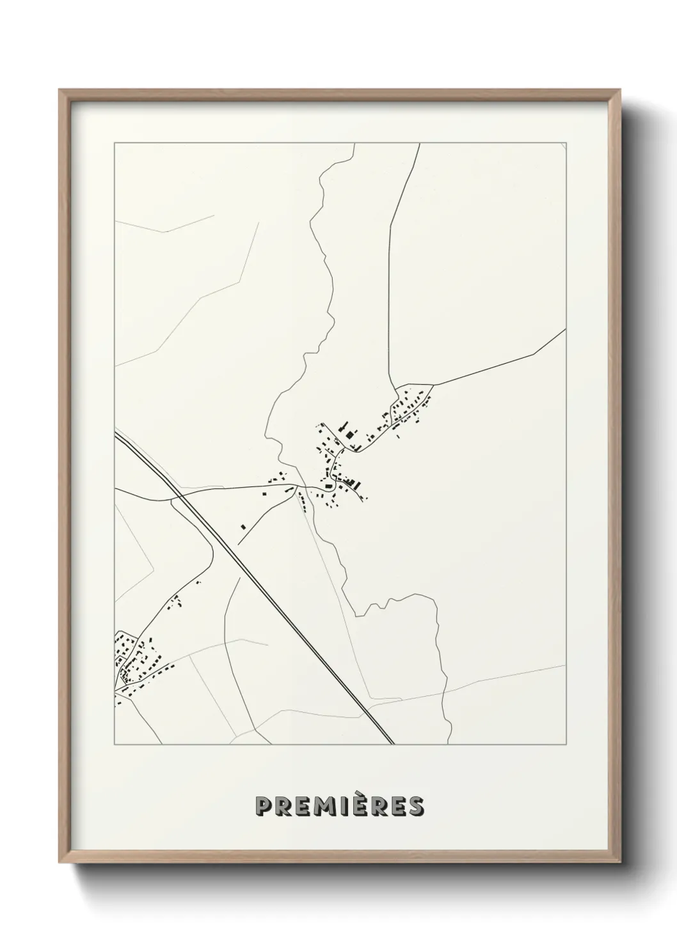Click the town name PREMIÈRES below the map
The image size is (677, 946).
click(338, 806)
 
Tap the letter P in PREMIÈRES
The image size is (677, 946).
click(263, 806)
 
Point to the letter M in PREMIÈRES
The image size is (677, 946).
click(319, 806)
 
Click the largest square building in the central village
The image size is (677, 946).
click(349, 435)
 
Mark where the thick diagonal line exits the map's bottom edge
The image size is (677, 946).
click(392, 744)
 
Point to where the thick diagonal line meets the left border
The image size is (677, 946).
click(116, 433)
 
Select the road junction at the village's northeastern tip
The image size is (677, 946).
click(433, 385)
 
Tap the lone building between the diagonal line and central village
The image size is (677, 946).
click(243, 526)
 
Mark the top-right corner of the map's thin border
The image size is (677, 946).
click(566, 143)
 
